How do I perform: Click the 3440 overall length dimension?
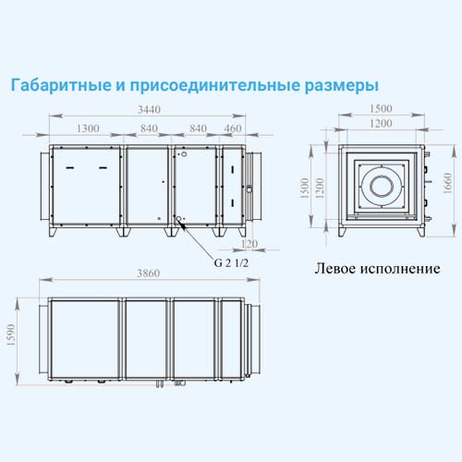[149, 110]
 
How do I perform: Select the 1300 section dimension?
[88, 128]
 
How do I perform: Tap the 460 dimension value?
[233, 128]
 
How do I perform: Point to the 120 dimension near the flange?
[249, 244]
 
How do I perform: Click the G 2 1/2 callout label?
[231, 263]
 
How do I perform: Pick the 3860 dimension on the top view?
[149, 274]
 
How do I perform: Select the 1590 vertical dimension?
[11, 335]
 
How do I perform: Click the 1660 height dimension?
[447, 183]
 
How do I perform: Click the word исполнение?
[400, 269]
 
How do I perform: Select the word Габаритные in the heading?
[61, 85]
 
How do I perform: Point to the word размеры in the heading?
[342, 86]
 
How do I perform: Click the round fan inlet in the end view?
[382, 187]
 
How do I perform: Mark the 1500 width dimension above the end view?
[381, 109]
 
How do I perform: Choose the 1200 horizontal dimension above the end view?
[381, 124]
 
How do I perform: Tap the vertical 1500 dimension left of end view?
[304, 188]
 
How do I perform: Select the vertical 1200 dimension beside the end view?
[320, 188]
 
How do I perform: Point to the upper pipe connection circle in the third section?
[184, 154]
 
